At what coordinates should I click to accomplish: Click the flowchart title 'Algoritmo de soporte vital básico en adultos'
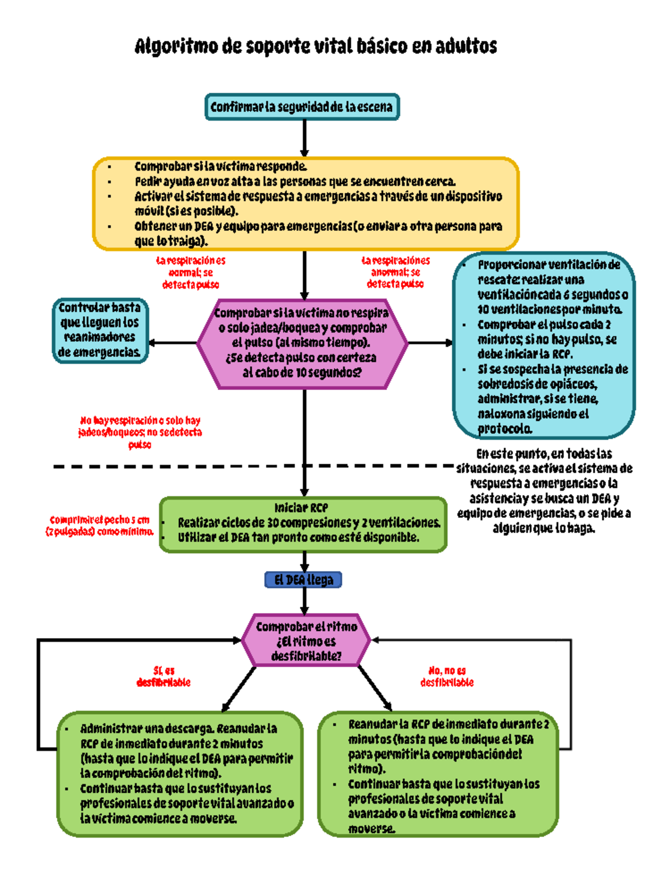pyautogui.click(x=315, y=46)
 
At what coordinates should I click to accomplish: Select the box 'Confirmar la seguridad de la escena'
pyautogui.click(x=302, y=107)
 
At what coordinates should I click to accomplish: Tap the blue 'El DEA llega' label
pyautogui.click(x=303, y=580)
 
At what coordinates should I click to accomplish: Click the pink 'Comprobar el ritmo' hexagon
pyautogui.click(x=306, y=641)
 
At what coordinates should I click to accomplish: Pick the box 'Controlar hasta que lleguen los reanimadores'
pyautogui.click(x=100, y=330)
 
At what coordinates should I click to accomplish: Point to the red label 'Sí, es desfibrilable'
pyautogui.click(x=164, y=676)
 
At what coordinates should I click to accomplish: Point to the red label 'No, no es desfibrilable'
pyautogui.click(x=447, y=676)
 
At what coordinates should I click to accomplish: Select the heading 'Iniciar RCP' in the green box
pyautogui.click(x=301, y=508)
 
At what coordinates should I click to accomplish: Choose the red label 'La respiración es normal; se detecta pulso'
pyautogui.click(x=190, y=273)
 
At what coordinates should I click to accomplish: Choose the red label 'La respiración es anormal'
pyautogui.click(x=395, y=272)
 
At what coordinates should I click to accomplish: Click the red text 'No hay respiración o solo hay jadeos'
pyautogui.click(x=140, y=432)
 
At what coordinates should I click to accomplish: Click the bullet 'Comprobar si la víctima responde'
pyautogui.click(x=221, y=167)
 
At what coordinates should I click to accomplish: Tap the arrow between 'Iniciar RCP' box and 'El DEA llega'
pyautogui.click(x=304, y=562)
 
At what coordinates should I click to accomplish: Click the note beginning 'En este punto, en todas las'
pyautogui.click(x=544, y=491)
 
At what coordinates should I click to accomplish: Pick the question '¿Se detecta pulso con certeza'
pyautogui.click(x=301, y=358)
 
